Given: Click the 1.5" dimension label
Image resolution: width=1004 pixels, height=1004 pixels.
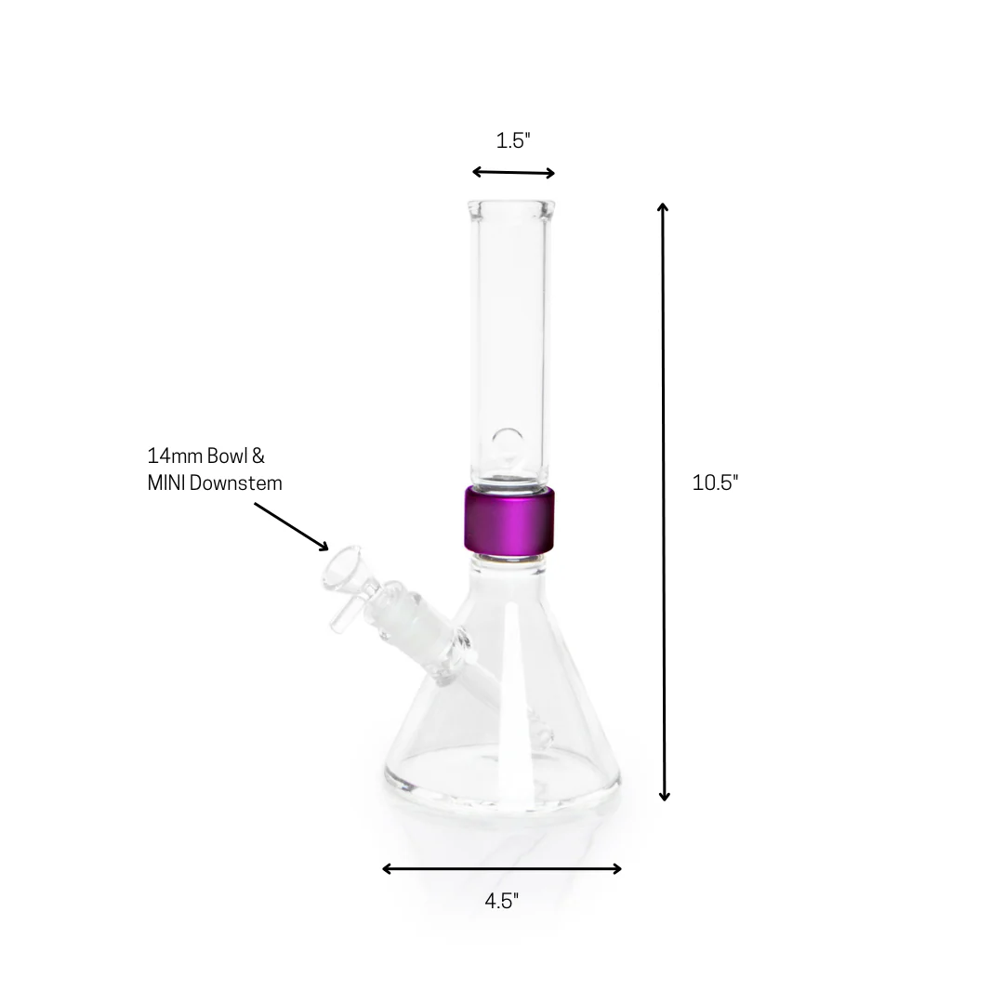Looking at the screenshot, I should (512, 141).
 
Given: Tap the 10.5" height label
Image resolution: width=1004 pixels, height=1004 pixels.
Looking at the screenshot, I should (715, 482).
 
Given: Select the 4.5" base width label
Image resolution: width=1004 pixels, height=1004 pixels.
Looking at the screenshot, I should (501, 901).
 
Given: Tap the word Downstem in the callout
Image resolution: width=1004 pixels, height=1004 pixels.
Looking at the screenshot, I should (238, 483).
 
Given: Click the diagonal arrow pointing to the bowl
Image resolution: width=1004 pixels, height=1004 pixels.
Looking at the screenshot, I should (290, 525).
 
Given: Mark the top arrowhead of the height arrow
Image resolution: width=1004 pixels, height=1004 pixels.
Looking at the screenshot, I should (663, 207).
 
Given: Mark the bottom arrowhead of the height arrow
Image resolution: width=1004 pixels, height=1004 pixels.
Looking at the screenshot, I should (664, 795).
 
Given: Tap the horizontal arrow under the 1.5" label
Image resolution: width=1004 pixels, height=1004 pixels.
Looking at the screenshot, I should (513, 172).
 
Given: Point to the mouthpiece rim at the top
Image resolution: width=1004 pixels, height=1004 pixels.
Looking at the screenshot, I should (512, 205).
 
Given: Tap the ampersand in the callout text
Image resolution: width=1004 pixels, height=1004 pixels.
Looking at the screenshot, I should (258, 456).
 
